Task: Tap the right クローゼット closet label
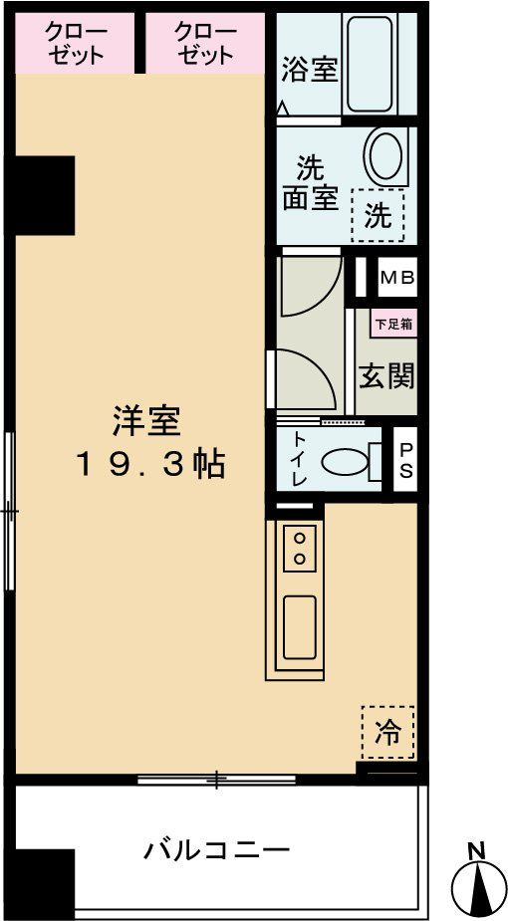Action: pos(205,44)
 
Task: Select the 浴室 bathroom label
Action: pos(310,71)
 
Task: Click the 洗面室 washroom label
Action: pos(310,182)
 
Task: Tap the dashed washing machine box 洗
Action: pos(379,215)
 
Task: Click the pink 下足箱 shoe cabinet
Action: pos(394,324)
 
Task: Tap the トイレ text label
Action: pos(299,459)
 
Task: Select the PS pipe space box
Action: pos(405,461)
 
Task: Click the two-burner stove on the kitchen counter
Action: pos(298,549)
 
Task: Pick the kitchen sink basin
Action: pos(299,626)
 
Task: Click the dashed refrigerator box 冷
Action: pos(386,734)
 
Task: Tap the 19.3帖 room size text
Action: pos(151,465)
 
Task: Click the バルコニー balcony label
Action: pos(216,850)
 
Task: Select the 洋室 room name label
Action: pos(145,422)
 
